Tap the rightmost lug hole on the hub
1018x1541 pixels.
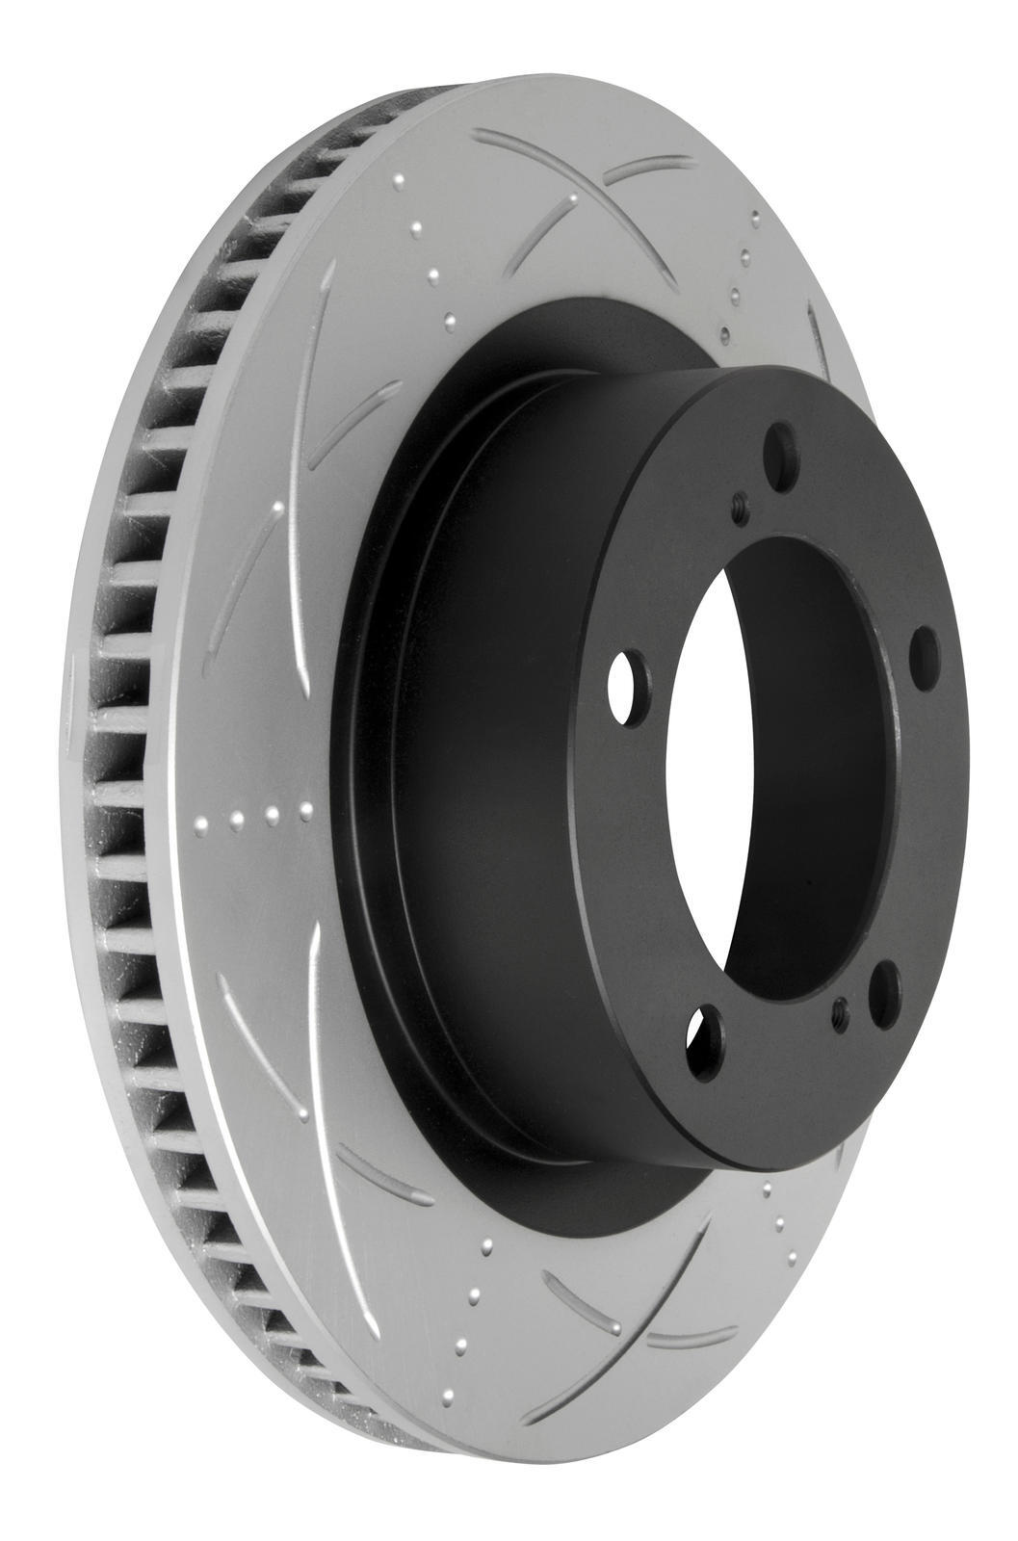[x=924, y=652]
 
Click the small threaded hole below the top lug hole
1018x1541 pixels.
[x=739, y=507]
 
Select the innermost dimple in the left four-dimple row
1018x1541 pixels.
[x=306, y=810]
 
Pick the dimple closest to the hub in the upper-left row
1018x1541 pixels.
[x=451, y=318]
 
